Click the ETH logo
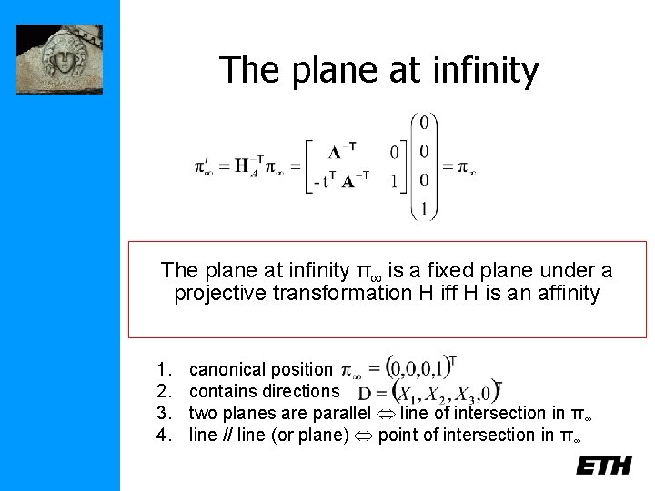pyautogui.click(x=603, y=465)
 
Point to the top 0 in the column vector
pyautogui.click(x=424, y=122)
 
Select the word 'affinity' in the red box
pyautogui.click(x=566, y=294)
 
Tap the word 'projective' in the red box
pyautogui.click(x=215, y=294)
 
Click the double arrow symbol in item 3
pyautogui.click(x=391, y=414)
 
